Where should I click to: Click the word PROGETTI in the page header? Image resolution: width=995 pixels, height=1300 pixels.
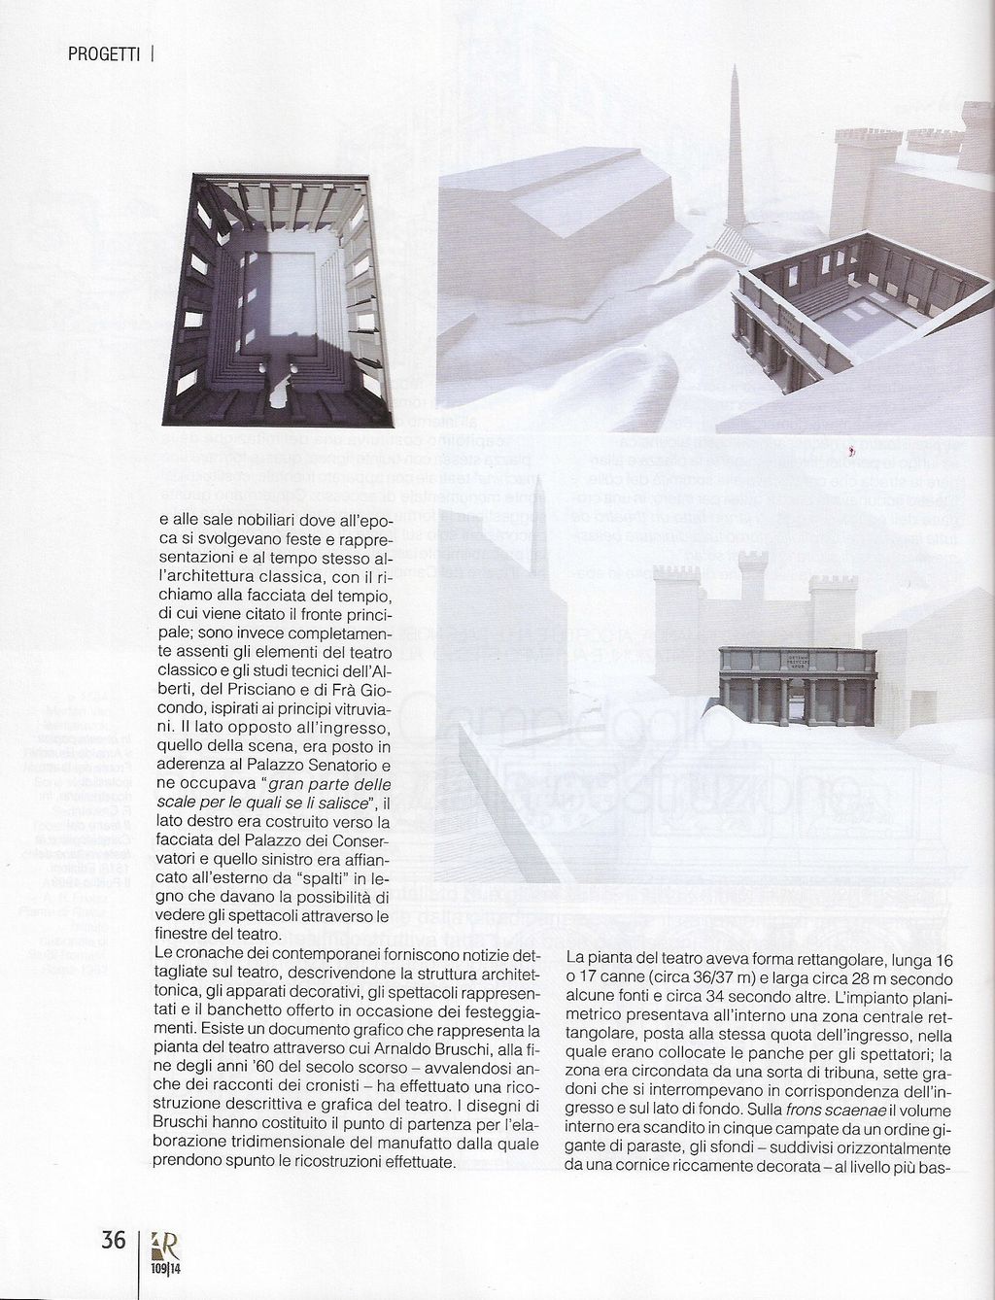tap(106, 54)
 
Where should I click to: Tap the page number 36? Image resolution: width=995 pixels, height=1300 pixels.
tap(114, 1241)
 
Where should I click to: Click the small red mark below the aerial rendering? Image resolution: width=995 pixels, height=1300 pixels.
tap(852, 451)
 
